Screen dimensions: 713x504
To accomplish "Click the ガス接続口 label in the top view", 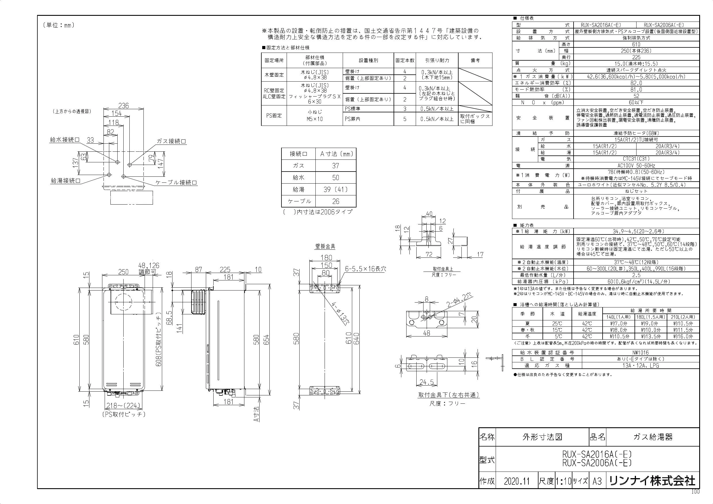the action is pyautogui.click(x=171, y=141).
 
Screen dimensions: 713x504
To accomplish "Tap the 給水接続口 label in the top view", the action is pyautogui.click(x=65, y=140).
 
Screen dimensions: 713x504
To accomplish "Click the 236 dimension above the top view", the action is pyautogui.click(x=123, y=105).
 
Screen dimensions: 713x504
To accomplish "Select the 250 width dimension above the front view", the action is pyautogui.click(x=123, y=272).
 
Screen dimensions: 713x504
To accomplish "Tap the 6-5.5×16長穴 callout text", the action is pyautogui.click(x=365, y=269).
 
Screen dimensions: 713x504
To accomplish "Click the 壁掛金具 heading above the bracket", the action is pyautogui.click(x=325, y=247).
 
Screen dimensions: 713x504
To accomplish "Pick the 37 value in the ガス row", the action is pyautogui.click(x=336, y=166).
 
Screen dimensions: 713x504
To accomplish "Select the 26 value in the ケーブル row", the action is pyautogui.click(x=336, y=201).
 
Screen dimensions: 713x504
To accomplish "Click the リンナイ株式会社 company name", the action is pyautogui.click(x=652, y=481).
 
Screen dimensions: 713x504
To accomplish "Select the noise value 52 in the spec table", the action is pyautogui.click(x=636, y=96).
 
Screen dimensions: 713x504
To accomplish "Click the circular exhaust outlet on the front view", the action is pyautogui.click(x=123, y=301).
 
